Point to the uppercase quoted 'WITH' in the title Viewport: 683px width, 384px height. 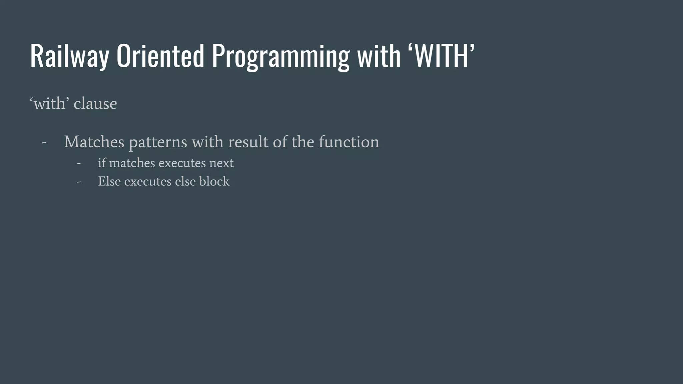tap(441, 56)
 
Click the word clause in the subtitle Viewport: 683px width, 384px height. tap(95, 104)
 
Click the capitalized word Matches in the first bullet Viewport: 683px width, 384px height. tap(94, 142)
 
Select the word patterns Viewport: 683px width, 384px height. tap(158, 143)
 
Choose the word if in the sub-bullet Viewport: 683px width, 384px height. tap(102, 163)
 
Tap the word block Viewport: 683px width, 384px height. tap(214, 181)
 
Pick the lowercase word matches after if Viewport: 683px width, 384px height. tap(132, 163)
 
